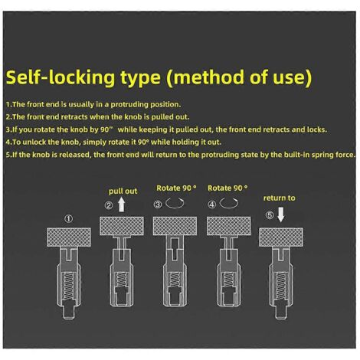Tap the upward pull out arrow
122,205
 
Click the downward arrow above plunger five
281,215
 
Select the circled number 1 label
69,218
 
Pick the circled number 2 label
109,205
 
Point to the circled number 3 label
158,205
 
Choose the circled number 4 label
211,205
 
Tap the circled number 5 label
270,215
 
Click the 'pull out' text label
123,191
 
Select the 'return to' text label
279,198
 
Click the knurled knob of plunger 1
69,237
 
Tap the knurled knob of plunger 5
281,237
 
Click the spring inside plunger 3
175,279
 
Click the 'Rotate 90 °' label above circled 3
176,188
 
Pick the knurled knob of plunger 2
122,226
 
